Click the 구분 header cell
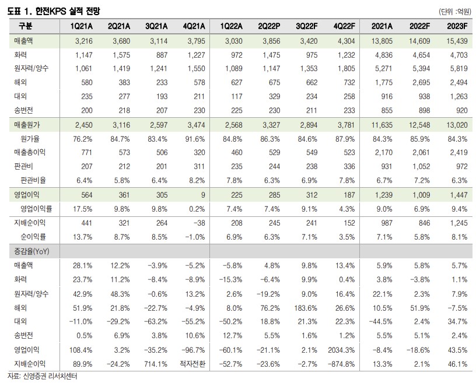click(26, 27)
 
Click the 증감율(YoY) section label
click(34, 251)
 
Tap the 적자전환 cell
click(191, 364)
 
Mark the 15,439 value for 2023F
click(454, 43)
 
